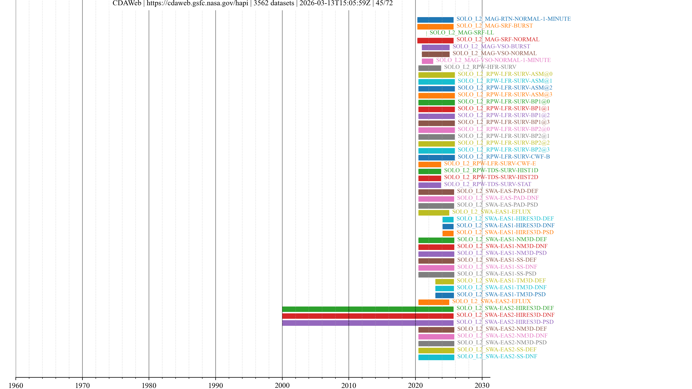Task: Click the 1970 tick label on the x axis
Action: (x=82, y=385)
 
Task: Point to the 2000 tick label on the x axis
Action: (x=282, y=385)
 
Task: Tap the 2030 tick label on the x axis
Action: (x=482, y=385)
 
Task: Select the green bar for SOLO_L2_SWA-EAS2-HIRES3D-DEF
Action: (x=367, y=309)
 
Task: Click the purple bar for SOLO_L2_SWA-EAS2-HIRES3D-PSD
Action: (x=367, y=323)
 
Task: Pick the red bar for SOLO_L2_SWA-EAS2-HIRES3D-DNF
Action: (x=367, y=316)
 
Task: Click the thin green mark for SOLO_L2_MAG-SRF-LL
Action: (x=426, y=33)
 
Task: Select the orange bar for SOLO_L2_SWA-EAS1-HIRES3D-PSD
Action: (x=448, y=233)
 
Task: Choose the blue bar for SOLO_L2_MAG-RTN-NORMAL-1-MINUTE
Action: (x=435, y=20)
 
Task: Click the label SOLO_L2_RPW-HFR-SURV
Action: (x=480, y=67)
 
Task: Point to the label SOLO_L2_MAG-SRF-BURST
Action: (x=494, y=26)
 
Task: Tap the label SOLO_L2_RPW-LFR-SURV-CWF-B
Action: (x=504, y=157)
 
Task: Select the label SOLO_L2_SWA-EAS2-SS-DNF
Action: (x=497, y=356)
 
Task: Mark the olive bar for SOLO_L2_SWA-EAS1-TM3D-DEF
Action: (x=444, y=281)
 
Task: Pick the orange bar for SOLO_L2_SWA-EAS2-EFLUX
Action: (x=434, y=302)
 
